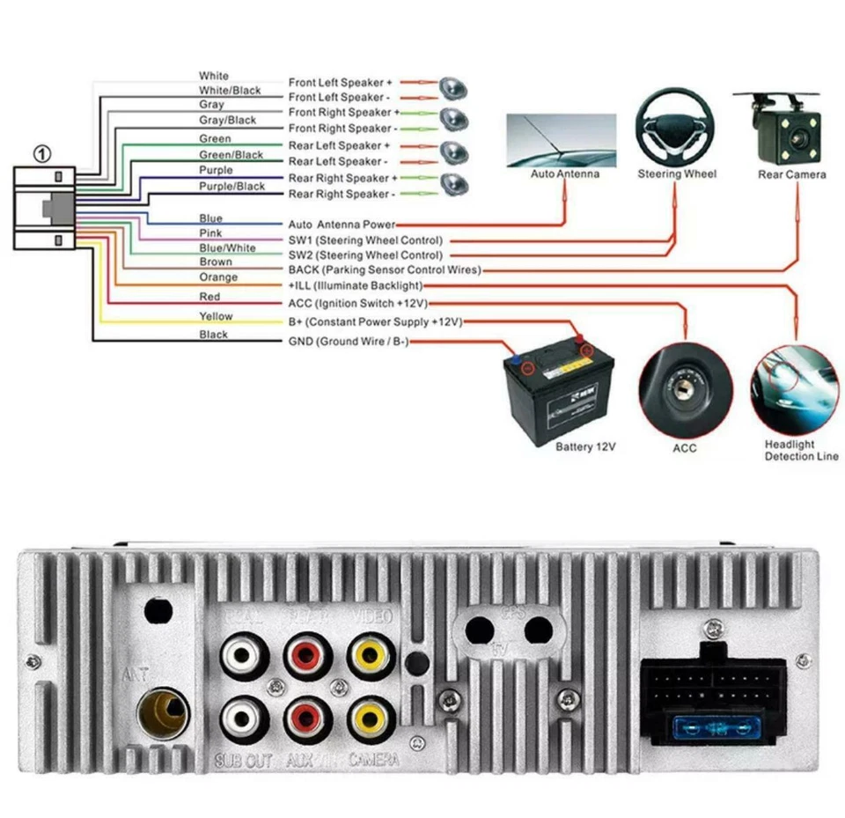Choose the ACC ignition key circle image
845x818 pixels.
[685, 389]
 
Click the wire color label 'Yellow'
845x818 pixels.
[216, 316]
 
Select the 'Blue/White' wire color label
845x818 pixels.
[228, 247]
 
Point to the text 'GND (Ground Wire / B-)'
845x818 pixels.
[349, 342]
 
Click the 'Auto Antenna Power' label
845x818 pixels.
[342, 225]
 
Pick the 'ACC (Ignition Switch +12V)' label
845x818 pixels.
[357, 303]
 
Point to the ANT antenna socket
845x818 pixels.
[161, 711]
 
